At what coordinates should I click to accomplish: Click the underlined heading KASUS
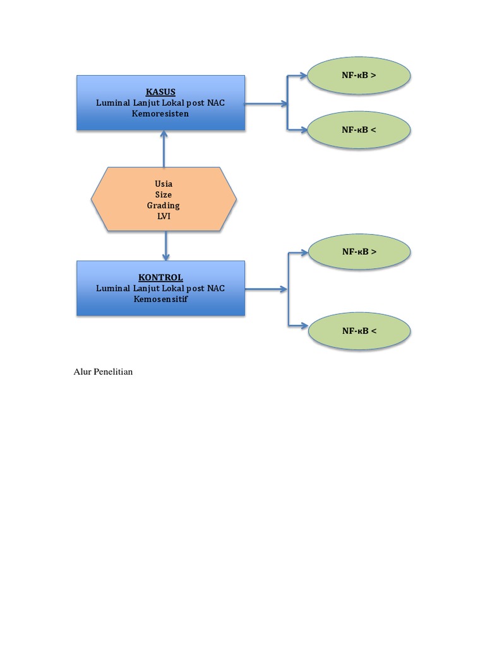160,92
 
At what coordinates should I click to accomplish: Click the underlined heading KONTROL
160,277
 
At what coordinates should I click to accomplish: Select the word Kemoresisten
160,114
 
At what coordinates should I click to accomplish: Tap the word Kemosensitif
160,298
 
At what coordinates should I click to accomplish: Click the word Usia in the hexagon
164,184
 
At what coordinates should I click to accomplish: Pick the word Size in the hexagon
164,194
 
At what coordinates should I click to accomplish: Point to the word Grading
164,205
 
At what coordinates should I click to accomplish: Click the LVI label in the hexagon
164,216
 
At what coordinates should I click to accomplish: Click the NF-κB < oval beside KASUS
359,130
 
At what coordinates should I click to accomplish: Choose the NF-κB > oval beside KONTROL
359,252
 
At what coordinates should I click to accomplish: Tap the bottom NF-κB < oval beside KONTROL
359,330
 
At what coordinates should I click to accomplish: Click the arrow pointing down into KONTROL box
166,246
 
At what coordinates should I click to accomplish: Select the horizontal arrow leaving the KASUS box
265,104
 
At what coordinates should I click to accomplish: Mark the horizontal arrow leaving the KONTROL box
265,290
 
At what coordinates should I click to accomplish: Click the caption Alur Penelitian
104,372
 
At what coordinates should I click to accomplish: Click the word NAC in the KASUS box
215,103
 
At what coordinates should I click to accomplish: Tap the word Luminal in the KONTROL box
112,288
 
